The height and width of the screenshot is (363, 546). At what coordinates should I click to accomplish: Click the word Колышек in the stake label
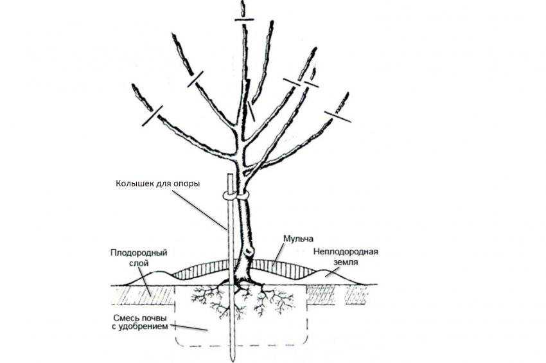tap(131, 183)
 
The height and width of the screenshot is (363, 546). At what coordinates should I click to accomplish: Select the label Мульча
tap(298, 239)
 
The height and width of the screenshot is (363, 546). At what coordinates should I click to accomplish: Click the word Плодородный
tap(139, 252)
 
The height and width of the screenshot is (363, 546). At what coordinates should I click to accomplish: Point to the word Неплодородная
tap(346, 251)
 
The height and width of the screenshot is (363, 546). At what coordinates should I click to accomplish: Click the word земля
tap(346, 262)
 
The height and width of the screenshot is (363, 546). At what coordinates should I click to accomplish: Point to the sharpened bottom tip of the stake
tap(233, 360)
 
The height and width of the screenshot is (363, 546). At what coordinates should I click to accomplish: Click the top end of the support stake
tap(230, 174)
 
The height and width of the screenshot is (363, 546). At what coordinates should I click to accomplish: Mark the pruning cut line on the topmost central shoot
tap(245, 19)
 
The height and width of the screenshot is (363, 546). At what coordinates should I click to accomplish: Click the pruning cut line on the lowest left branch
tap(152, 116)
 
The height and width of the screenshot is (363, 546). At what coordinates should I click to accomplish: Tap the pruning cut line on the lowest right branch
tap(337, 117)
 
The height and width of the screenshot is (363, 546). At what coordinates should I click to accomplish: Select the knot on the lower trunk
tap(249, 250)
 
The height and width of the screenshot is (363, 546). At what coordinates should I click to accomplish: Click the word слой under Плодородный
tap(139, 263)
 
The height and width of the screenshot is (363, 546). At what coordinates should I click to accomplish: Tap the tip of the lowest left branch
tap(133, 85)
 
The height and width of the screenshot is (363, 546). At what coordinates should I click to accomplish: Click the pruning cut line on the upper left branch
tap(195, 79)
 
